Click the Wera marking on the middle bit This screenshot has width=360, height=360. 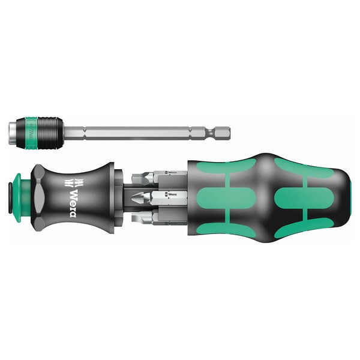point(172,194)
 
